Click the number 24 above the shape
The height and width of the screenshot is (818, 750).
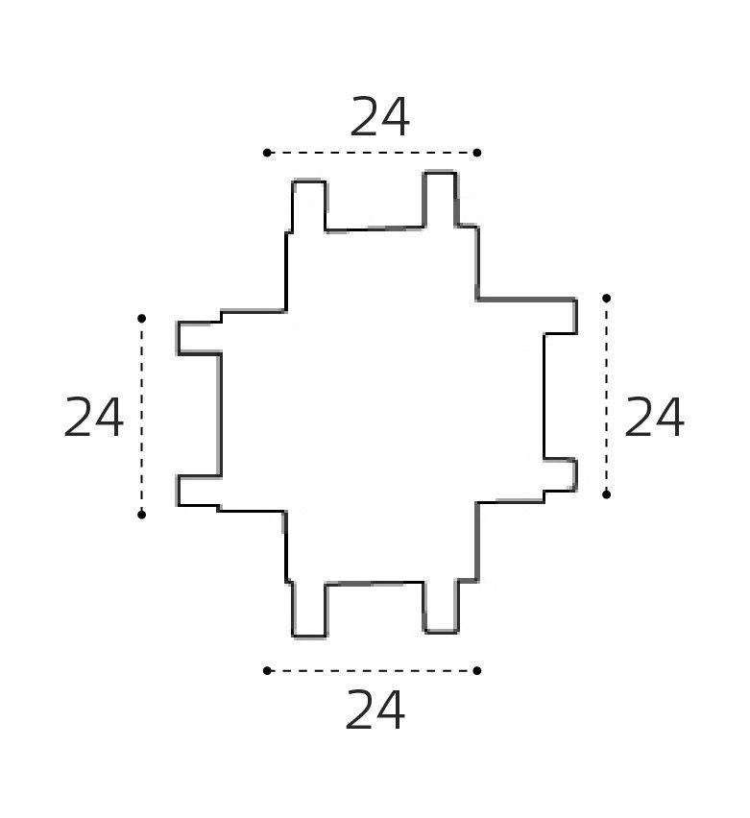click(379, 117)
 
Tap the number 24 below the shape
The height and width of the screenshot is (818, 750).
click(375, 710)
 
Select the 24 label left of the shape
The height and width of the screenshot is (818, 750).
click(93, 417)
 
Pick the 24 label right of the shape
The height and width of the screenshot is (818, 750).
click(654, 417)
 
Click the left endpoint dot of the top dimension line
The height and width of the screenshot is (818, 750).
click(267, 153)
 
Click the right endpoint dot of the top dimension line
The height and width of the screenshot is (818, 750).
click(477, 153)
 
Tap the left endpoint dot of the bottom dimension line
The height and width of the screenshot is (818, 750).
click(267, 670)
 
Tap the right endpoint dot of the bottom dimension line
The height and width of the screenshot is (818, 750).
click(477, 670)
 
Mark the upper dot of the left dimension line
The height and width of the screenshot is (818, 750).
click(141, 318)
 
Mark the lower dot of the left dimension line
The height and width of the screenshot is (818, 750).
click(141, 515)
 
